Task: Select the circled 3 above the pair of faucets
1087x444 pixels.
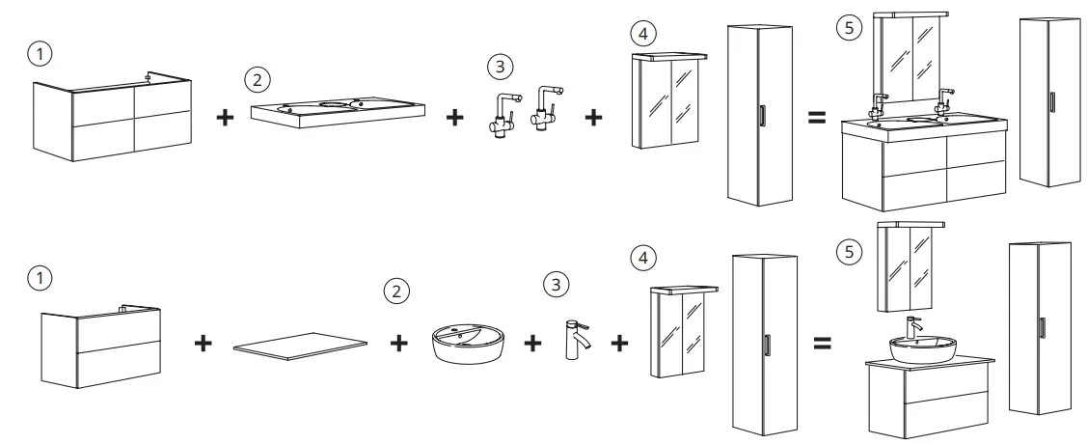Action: click(499, 68)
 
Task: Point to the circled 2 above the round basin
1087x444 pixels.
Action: click(394, 290)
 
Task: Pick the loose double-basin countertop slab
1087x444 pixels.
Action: click(337, 110)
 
